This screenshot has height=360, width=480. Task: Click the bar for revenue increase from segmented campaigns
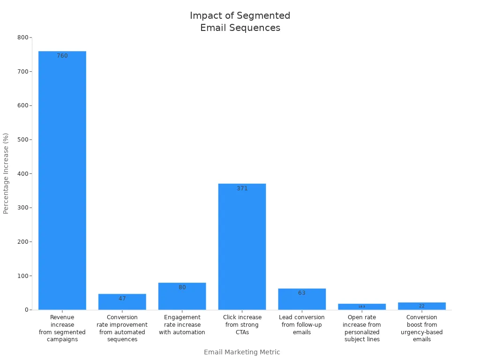(x=62, y=180)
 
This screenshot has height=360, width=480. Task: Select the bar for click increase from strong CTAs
(x=242, y=247)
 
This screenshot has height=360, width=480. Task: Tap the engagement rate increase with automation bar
(x=182, y=296)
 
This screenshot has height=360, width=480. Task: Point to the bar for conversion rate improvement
(x=122, y=302)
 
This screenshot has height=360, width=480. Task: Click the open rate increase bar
(x=362, y=307)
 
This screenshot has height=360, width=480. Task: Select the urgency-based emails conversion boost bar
(x=422, y=306)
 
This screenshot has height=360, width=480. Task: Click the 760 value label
(x=62, y=56)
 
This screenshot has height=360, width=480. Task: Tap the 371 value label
(x=242, y=188)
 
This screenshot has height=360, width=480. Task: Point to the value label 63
(x=302, y=293)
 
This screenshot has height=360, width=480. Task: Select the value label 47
(x=122, y=299)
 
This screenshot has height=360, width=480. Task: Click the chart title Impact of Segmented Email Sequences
(x=240, y=22)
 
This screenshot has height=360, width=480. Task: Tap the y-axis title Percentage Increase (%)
(x=6, y=173)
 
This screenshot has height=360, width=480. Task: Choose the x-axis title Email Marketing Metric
(x=242, y=352)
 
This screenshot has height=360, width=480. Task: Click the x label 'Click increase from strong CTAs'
(x=242, y=325)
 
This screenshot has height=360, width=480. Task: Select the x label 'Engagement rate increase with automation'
(x=182, y=325)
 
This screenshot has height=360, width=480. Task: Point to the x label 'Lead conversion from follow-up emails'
(x=302, y=325)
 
